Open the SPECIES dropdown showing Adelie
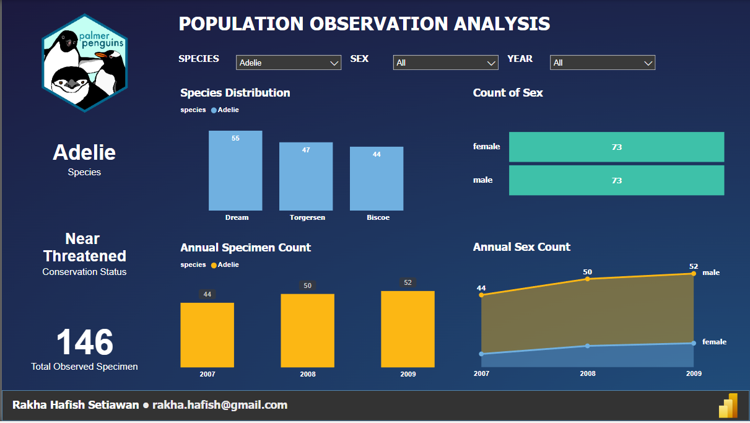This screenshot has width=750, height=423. [288, 63]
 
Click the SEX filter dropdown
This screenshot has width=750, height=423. [445, 63]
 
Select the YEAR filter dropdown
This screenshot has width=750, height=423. [602, 63]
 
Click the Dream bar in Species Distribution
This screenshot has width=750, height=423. [235, 171]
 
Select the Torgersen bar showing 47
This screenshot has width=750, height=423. [306, 177]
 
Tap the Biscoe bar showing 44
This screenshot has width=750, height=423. [377, 179]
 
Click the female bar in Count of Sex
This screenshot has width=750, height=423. [616, 147]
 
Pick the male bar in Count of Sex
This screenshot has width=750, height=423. [616, 180]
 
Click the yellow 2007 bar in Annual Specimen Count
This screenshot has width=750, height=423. [207, 335]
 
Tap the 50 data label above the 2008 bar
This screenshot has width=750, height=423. [308, 286]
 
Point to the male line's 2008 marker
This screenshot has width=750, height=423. [587, 279]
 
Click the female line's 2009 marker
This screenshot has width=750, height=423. [693, 343]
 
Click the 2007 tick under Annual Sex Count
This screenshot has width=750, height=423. [481, 373]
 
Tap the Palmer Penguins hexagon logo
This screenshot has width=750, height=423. [84, 63]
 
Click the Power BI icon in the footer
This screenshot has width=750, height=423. [728, 406]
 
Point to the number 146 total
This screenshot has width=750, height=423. [85, 342]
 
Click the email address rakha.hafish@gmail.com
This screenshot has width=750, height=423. [220, 405]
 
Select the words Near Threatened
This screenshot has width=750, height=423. [85, 248]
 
